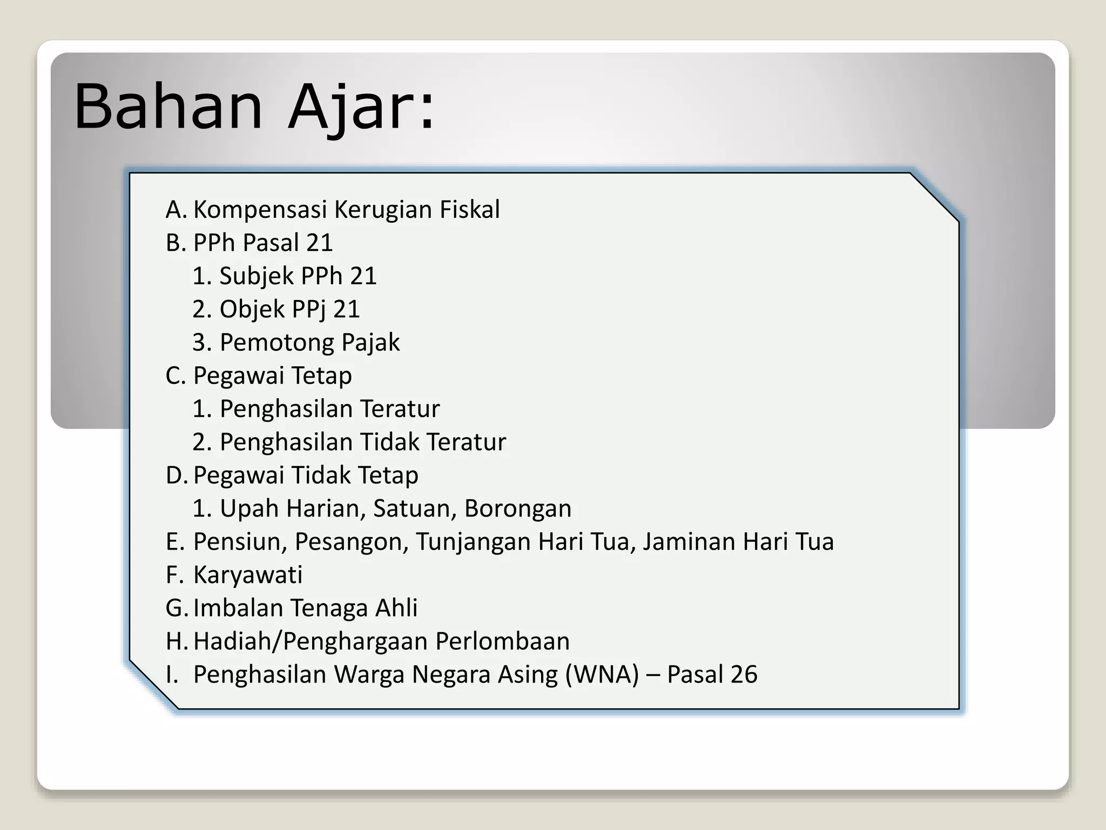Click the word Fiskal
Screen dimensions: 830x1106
(469, 210)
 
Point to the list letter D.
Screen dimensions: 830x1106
(176, 476)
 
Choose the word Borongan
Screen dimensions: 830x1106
(517, 508)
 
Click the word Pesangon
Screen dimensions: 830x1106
(351, 542)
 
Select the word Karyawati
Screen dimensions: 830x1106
(248, 575)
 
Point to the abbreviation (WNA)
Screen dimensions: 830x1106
(602, 674)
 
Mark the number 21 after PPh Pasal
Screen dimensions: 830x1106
(319, 243)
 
